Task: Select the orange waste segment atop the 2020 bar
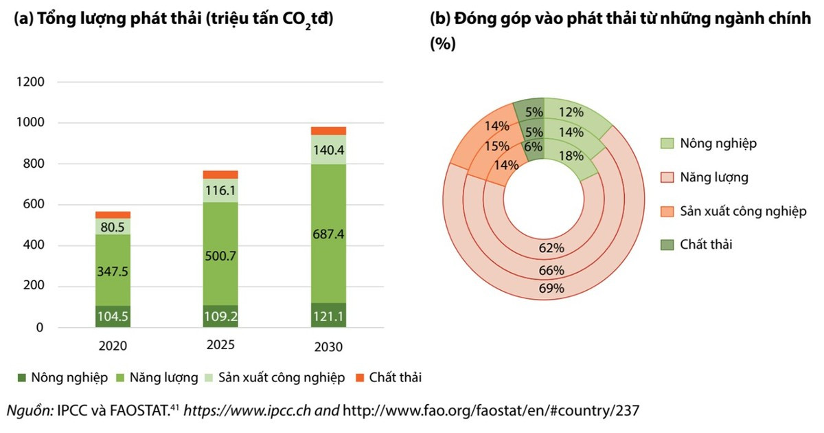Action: point(113,215)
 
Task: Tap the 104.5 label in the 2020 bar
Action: point(113,317)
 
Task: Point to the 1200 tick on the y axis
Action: point(30,82)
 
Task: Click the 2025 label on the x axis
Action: point(220,345)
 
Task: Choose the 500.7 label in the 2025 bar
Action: point(220,256)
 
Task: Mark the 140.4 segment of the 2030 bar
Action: point(328,150)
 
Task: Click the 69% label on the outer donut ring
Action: point(551,289)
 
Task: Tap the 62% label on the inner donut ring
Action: point(551,247)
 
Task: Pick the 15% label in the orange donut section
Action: point(496,146)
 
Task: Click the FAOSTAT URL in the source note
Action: point(491,411)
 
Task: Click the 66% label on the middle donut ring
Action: point(551,269)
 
